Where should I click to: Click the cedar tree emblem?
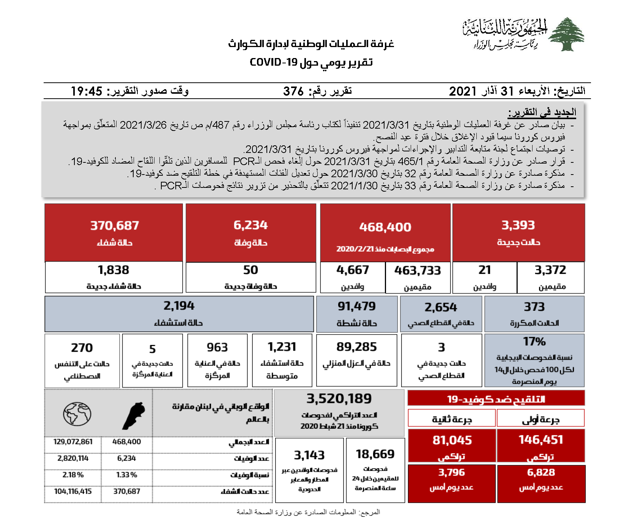tap(566, 34)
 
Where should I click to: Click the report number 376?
tap(293, 91)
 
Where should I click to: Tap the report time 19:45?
tap(87, 91)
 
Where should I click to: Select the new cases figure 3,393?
tap(518, 225)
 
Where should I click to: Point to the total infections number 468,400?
tap(385, 227)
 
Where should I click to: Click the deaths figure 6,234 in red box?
tap(251, 225)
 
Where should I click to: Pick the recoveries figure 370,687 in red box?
tap(115, 226)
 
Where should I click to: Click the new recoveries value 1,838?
tap(113, 270)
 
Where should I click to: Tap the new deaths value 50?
tap(251, 270)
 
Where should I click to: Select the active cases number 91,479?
tap(357, 306)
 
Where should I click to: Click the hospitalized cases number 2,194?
tap(179, 306)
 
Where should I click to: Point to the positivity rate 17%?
tap(534, 342)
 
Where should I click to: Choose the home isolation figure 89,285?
tap(356, 347)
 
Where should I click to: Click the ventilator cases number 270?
tap(82, 348)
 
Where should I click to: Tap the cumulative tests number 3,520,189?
tap(339, 399)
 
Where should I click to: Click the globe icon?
tap(77, 414)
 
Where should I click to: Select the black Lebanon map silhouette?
tap(134, 416)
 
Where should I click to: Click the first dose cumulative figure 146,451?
tap(541, 440)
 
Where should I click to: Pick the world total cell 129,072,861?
tap(73, 442)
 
